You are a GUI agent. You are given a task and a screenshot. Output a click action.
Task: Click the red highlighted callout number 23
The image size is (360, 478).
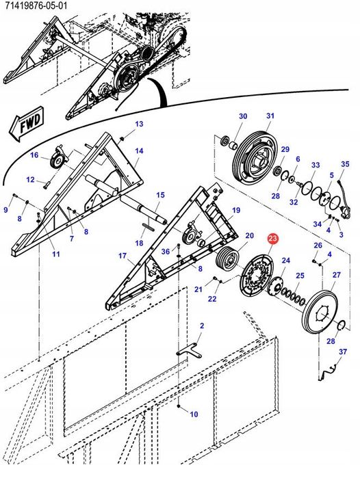(273, 239)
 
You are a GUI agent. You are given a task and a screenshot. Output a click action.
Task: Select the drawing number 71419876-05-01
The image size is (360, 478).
(35, 6)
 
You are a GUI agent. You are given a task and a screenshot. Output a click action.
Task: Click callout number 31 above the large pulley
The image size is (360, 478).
(270, 116)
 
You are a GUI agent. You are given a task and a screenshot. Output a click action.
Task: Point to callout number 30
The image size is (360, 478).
(242, 117)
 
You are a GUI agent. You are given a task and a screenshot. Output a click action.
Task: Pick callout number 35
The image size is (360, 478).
(345, 165)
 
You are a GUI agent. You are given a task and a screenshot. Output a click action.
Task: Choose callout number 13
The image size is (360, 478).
(139, 124)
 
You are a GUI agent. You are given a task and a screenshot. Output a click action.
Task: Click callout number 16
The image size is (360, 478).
(34, 156)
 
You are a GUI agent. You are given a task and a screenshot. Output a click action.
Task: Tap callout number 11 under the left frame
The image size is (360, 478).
(55, 254)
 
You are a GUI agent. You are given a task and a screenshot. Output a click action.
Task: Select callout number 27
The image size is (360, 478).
(336, 275)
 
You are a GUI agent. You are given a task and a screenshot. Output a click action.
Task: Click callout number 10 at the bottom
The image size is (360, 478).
(194, 414)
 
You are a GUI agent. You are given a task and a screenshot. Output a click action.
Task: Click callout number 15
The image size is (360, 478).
(160, 196)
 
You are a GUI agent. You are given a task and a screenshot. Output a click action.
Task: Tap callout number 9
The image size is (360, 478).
(6, 210)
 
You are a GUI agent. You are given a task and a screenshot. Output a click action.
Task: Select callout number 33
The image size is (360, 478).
(316, 165)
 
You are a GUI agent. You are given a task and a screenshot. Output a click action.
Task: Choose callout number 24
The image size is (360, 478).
(286, 260)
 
